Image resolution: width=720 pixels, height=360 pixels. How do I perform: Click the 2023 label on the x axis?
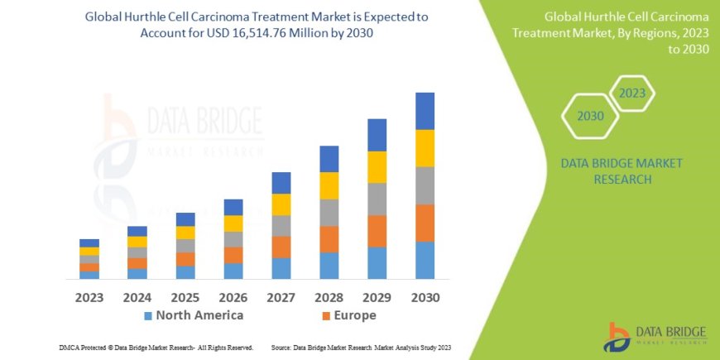[x=89, y=297]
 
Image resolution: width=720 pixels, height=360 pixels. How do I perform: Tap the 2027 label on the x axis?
[x=281, y=297]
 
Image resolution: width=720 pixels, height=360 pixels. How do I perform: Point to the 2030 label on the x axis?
[x=425, y=297]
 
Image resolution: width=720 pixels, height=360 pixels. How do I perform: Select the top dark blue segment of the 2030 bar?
[x=425, y=111]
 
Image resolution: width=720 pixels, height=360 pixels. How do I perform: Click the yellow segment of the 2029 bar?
[x=377, y=167]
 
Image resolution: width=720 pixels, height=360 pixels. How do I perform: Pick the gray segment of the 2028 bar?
[x=329, y=213]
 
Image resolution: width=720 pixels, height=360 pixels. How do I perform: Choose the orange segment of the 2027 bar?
[x=281, y=247]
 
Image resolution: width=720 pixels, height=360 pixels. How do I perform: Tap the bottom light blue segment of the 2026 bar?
[x=233, y=271]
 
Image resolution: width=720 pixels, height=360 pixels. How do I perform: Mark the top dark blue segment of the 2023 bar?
[x=89, y=242]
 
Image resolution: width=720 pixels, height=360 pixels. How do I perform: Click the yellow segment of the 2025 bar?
[x=185, y=233]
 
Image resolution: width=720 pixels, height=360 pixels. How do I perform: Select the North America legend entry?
[x=194, y=315]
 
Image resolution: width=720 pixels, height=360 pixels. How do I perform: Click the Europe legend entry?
[x=348, y=315]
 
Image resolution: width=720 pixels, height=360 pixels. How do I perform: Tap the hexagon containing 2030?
[x=590, y=116]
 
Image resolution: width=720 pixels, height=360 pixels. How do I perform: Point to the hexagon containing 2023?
[x=631, y=94]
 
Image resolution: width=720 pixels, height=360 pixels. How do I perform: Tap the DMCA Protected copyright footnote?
[x=156, y=348]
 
